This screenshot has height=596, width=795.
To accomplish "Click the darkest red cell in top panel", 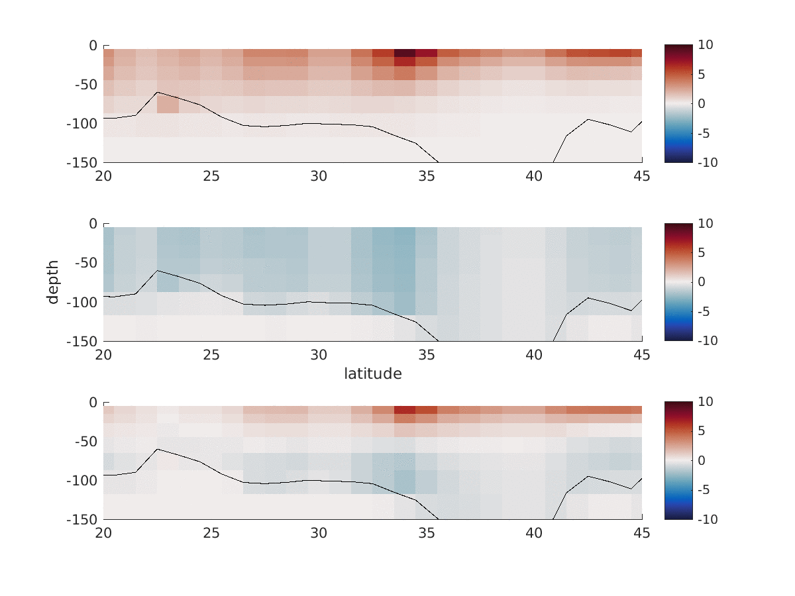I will tap(405, 53).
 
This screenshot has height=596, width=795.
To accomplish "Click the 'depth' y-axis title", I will tap(53, 282).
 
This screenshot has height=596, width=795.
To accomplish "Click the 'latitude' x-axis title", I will tap(372, 373).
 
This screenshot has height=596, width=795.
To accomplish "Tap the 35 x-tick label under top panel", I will tap(427, 176).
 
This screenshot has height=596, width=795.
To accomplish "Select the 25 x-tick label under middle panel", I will tap(211, 355).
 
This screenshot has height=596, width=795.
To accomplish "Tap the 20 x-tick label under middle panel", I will tap(103, 355).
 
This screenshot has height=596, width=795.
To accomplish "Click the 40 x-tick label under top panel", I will tap(534, 176).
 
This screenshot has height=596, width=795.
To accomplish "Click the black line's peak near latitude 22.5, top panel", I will tap(157, 92).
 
